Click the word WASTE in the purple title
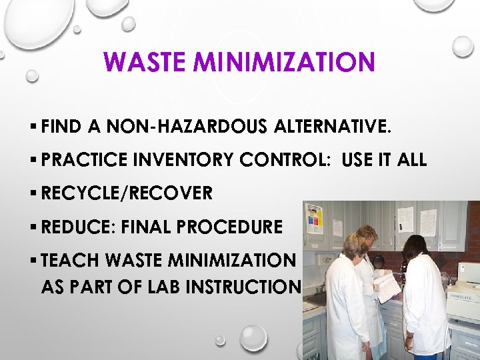pos(138,63)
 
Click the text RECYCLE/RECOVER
pos(127,193)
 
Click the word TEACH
pos(68,260)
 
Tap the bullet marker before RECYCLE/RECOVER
pos(33,193)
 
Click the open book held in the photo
pos(387,286)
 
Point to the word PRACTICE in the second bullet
pos(82,160)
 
